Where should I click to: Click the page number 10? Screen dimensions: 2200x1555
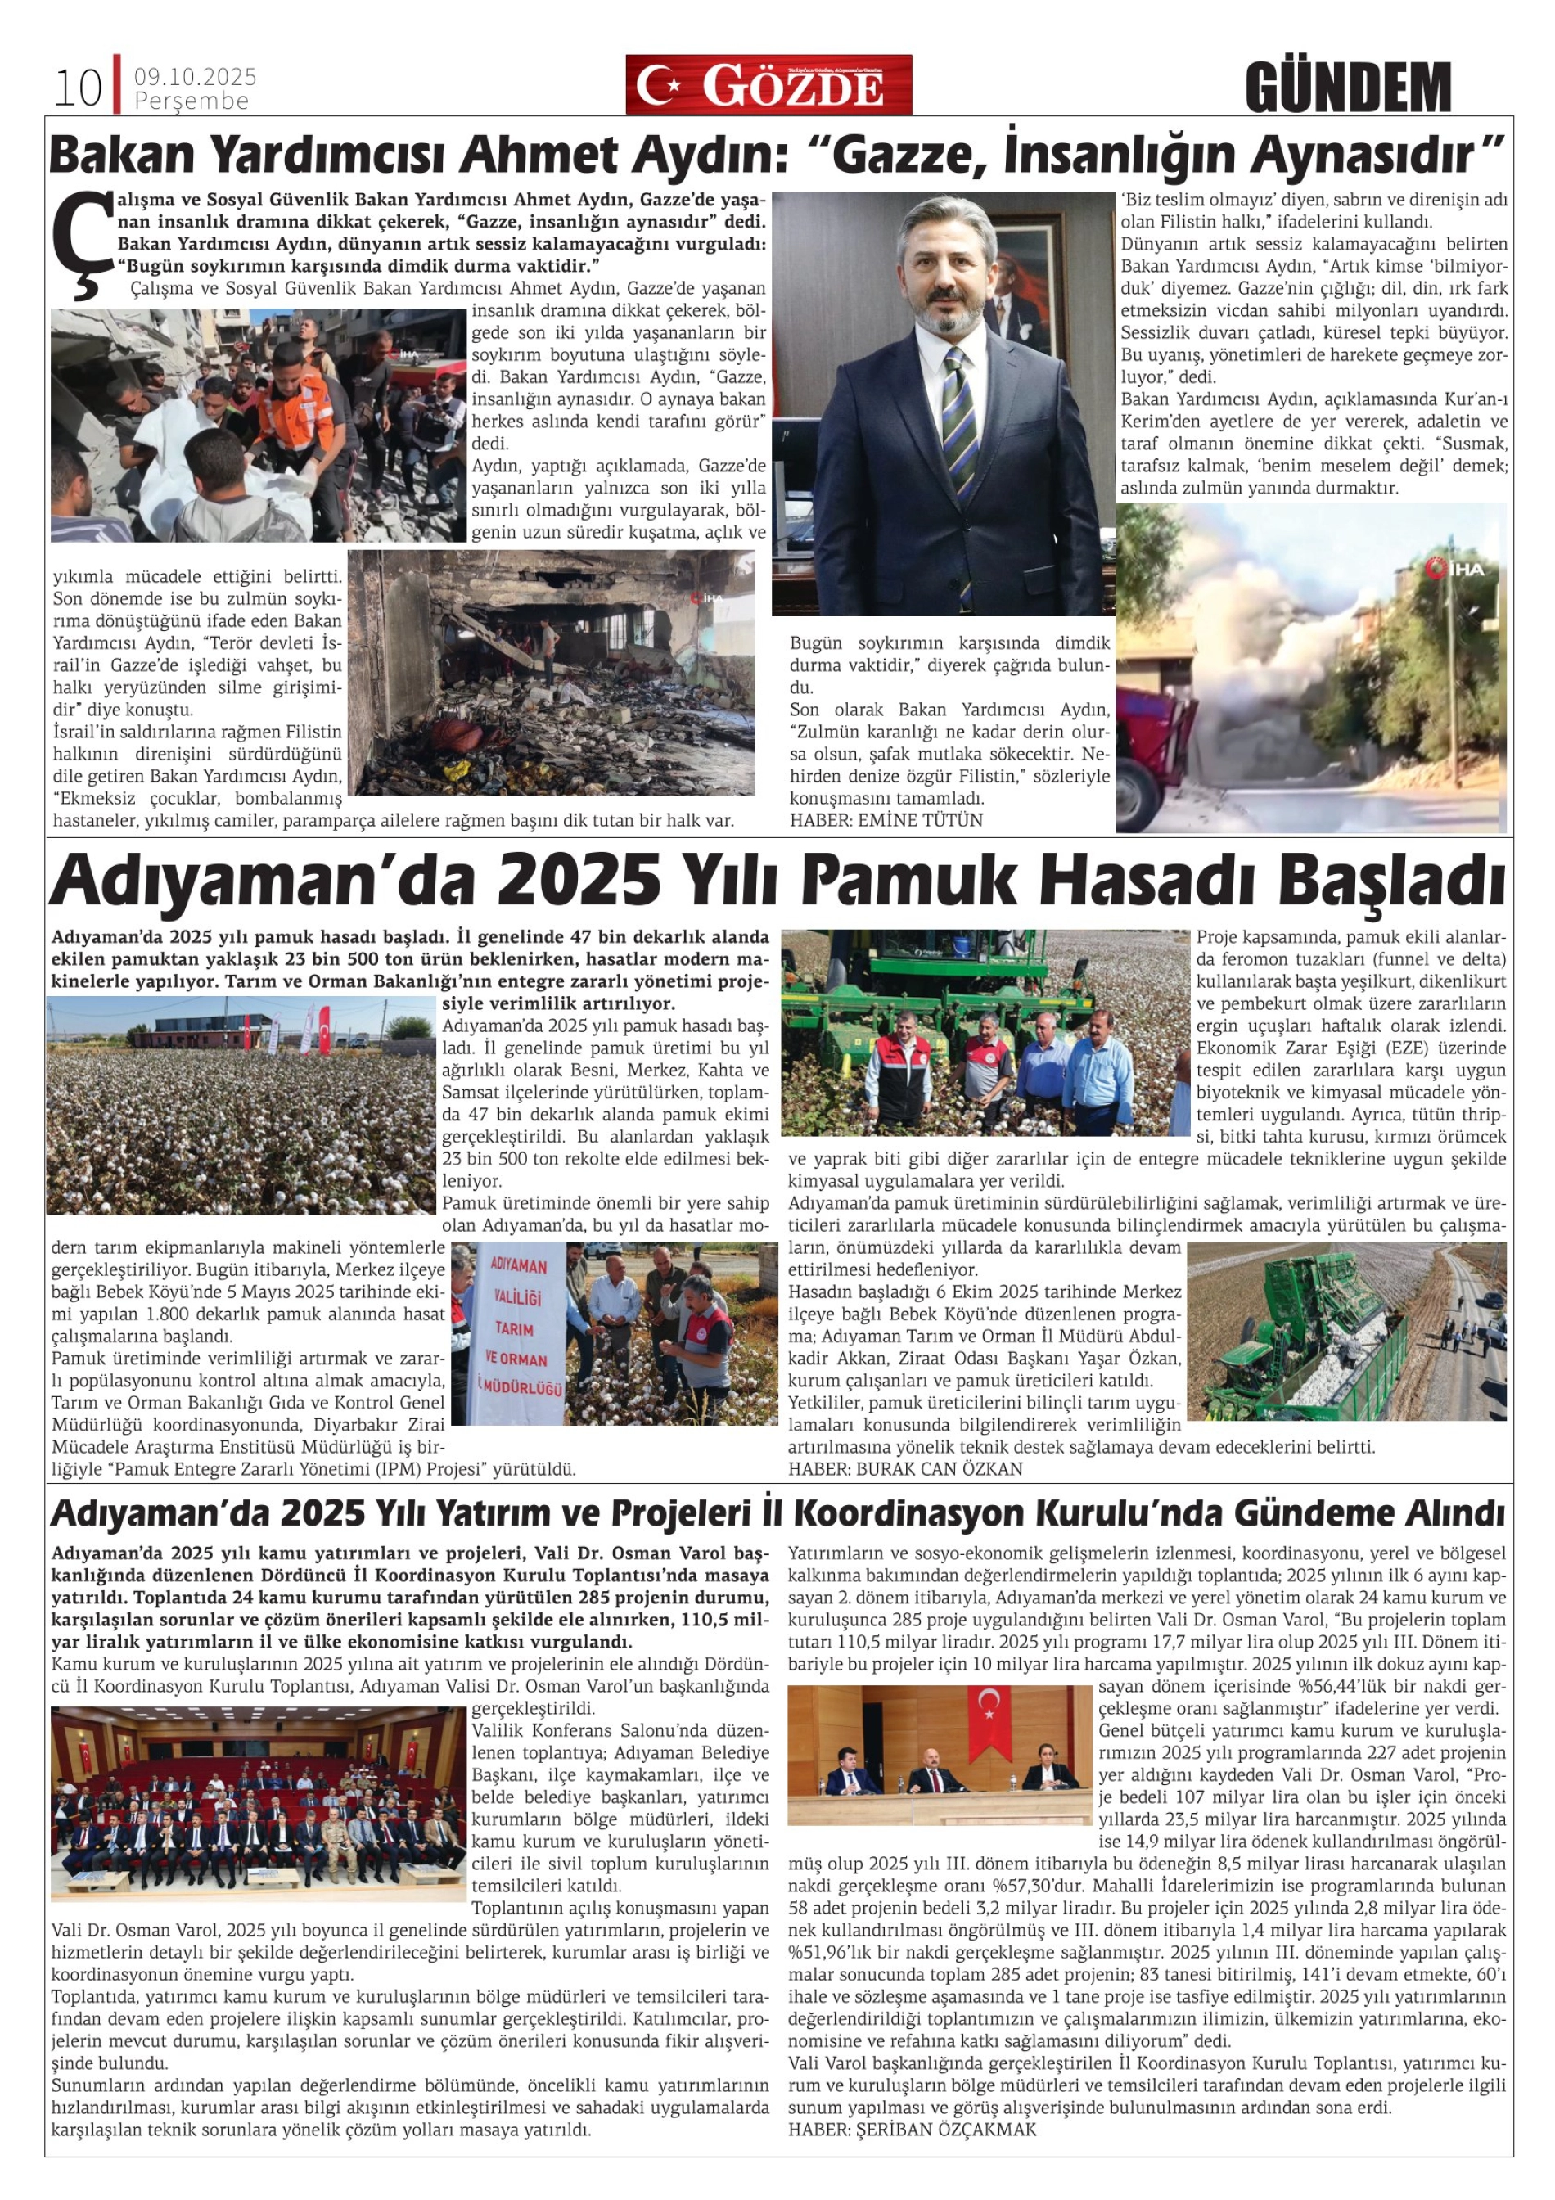pos(78,88)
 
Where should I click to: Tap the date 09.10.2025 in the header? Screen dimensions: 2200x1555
pos(196,77)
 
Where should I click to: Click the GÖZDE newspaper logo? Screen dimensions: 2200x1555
pos(768,85)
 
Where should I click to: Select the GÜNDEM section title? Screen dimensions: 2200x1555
pos(1348,88)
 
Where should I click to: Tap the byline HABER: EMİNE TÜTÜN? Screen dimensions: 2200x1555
pos(886,820)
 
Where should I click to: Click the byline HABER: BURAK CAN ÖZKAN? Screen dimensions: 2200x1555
pos(905,1469)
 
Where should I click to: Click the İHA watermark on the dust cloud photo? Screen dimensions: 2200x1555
pos(1454,569)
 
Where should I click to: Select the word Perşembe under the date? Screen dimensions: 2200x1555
pos(192,101)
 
